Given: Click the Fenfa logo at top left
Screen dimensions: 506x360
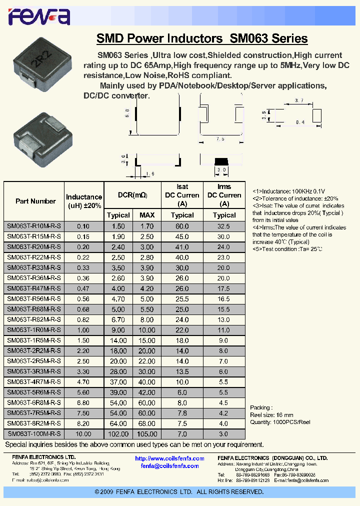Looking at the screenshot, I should (38, 17).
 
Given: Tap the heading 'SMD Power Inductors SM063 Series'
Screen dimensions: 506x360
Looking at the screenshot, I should (201, 38).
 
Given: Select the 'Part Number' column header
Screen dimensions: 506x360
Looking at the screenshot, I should (35, 201).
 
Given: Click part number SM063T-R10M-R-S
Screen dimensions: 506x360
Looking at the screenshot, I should (34, 226).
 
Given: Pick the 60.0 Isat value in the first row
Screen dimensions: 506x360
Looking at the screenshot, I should (182, 226).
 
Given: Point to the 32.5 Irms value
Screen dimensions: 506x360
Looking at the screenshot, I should (224, 226).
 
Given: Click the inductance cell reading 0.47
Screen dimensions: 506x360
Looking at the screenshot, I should (83, 288).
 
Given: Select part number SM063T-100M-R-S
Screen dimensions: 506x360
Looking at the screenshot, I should (34, 434).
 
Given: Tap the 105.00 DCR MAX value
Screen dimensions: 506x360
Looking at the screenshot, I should (147, 434).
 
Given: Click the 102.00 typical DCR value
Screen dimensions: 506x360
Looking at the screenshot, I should (118, 434).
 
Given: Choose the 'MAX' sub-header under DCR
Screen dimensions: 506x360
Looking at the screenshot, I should (147, 215).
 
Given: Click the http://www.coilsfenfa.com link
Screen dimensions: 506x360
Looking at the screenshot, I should (169, 458).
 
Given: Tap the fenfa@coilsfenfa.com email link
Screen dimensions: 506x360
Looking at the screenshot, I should (169, 465).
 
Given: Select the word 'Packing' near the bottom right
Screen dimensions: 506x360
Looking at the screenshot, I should (261, 407).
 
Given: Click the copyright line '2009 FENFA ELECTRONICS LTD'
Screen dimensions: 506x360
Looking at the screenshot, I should (179, 492).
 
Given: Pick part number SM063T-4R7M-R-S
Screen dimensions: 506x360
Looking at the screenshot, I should (34, 382).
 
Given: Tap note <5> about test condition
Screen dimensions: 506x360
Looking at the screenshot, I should (287, 248).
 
